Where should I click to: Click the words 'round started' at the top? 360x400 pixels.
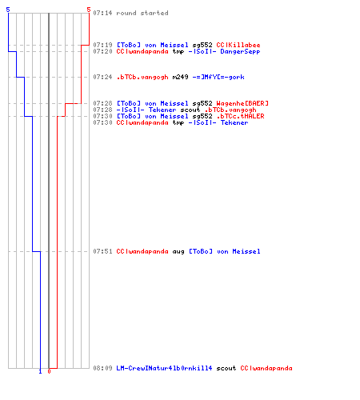tap(142, 13)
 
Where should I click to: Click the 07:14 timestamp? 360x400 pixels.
tap(102, 13)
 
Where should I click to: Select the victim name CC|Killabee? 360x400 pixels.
tap(238, 45)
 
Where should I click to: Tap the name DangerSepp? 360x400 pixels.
tap(240, 52)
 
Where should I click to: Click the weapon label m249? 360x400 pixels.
tap(180, 77)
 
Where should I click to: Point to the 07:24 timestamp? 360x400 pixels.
tap(102, 77)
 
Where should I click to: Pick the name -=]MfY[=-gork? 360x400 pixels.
tap(218, 77)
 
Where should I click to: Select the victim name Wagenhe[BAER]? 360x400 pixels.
tap(242, 103)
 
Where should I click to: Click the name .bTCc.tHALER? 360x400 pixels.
tap(240, 116)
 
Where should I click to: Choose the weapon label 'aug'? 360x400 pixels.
tap(178, 251)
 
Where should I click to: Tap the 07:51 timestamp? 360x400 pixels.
tap(102, 251)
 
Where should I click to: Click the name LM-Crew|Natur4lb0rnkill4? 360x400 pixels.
tap(164, 368)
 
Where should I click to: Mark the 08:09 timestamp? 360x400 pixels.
tap(102, 368)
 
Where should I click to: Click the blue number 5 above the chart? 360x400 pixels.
tap(8, 10)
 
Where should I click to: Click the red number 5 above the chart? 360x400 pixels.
tap(89, 10)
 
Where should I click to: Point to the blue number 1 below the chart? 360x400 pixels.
tap(40, 372)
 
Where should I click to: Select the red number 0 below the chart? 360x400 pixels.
tap(49, 371)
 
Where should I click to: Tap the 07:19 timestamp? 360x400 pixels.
tap(102, 45)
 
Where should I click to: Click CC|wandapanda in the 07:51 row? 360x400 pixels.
tap(142, 251)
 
